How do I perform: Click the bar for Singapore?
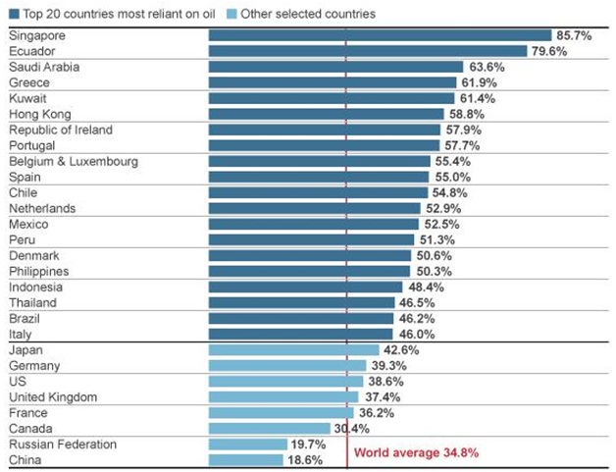[380, 35]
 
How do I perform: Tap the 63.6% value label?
[488, 67]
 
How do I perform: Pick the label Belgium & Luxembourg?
[73, 161]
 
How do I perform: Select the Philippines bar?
[309, 271]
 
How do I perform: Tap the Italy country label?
[21, 334]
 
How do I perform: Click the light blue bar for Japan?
[293, 349]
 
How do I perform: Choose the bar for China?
[245, 459]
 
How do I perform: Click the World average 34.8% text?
[416, 452]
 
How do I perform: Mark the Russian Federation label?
[63, 444]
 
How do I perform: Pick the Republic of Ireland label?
[61, 130]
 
